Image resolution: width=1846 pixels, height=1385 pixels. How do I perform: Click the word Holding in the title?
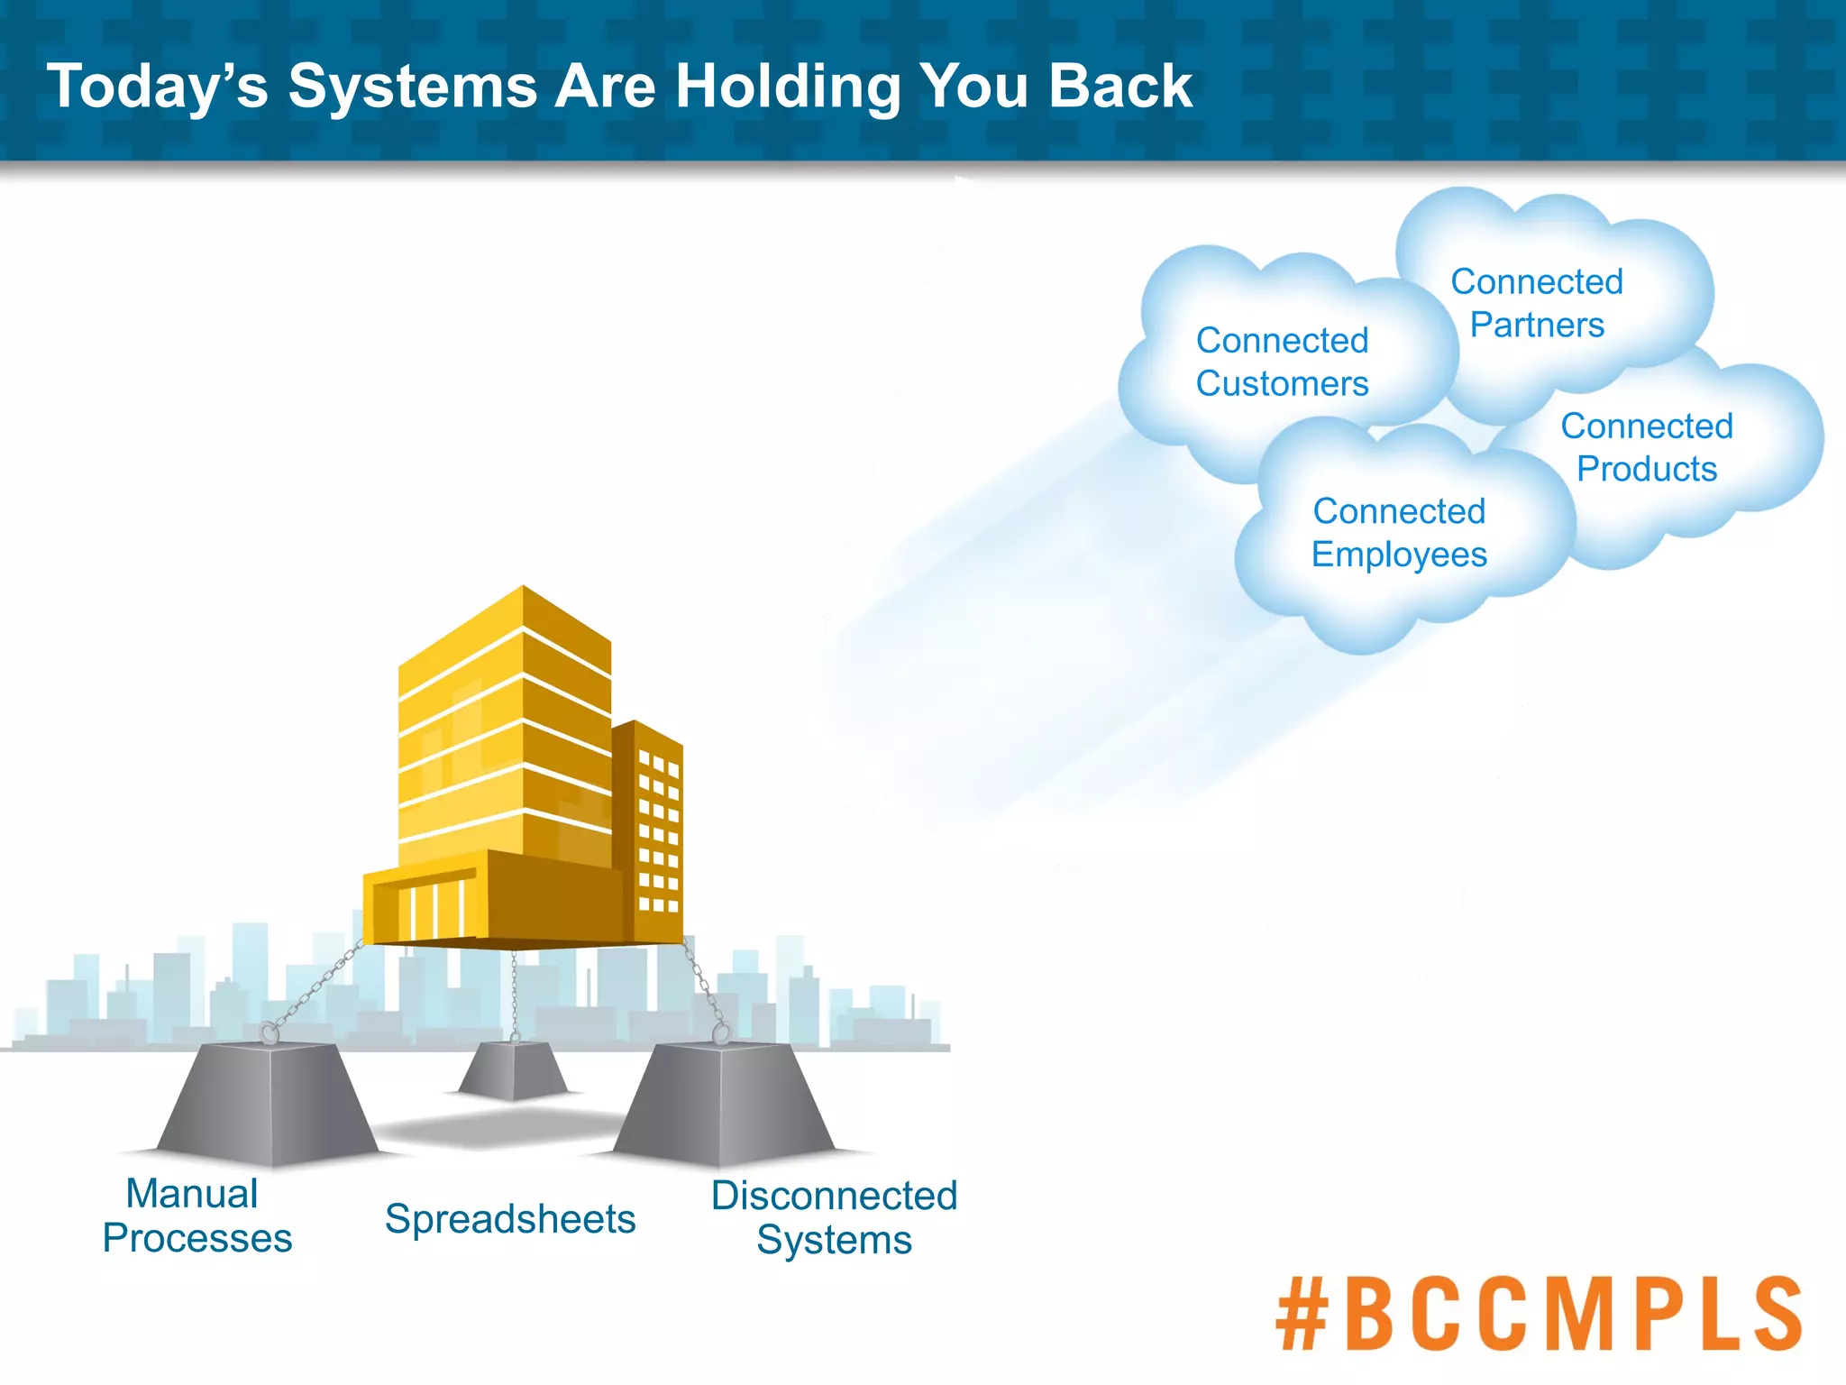pos(788,87)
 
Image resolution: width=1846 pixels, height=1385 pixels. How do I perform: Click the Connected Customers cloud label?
pos(1282,362)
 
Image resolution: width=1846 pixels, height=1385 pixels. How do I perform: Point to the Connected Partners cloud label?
pos(1537,303)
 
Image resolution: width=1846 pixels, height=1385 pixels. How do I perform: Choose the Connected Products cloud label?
pos(1647,447)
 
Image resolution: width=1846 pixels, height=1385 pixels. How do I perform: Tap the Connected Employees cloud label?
pos(1399,533)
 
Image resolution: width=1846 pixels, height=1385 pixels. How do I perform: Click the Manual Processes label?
pos(196,1215)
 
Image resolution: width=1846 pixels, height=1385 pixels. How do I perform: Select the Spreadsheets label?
pos(510,1219)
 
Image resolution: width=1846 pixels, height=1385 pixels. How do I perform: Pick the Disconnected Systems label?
pos(834,1217)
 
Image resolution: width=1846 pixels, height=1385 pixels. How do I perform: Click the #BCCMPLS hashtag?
pos(1538,1314)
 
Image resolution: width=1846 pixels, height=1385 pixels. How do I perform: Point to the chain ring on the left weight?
pos(268,1032)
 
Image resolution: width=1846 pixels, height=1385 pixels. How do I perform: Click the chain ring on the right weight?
pos(720,1032)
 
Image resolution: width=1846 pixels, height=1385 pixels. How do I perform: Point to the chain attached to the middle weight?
pos(514,992)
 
